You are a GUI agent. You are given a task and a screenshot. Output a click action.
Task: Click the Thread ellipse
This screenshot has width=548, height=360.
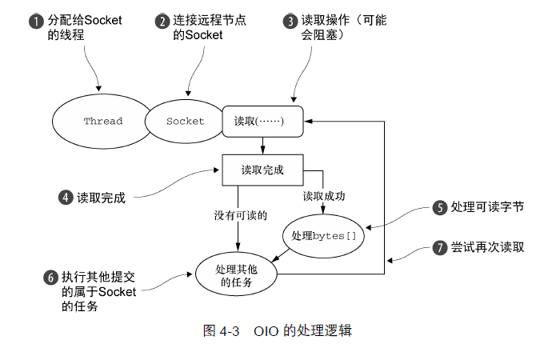click(102, 122)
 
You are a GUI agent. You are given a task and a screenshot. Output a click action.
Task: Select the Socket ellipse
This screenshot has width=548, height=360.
click(185, 122)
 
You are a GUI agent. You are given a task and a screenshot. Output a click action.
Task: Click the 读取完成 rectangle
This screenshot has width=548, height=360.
click(262, 170)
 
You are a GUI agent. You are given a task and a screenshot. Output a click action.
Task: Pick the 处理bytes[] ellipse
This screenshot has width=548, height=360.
click(323, 235)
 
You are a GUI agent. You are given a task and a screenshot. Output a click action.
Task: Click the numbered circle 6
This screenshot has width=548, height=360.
click(50, 278)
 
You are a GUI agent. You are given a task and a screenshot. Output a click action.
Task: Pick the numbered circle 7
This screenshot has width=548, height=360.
click(439, 247)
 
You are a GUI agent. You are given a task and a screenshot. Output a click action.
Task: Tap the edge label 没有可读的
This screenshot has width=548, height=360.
click(240, 215)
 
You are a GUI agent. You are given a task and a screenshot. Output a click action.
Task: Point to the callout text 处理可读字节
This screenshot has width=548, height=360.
click(487, 207)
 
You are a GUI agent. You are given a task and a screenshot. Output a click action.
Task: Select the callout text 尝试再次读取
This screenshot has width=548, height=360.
click(487, 247)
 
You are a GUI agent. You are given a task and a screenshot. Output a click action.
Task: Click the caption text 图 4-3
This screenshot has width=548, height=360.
click(223, 330)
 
